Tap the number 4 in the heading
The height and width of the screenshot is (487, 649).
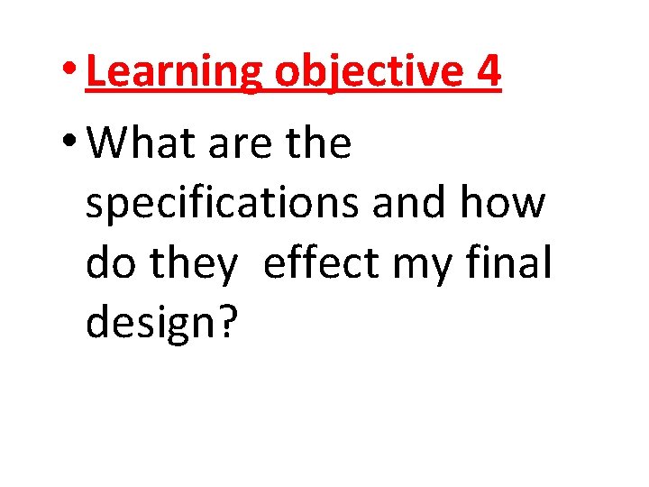[487, 72]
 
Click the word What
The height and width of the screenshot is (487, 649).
[146, 143]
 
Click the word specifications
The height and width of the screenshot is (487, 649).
[221, 205]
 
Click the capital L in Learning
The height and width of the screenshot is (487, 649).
[96, 72]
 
